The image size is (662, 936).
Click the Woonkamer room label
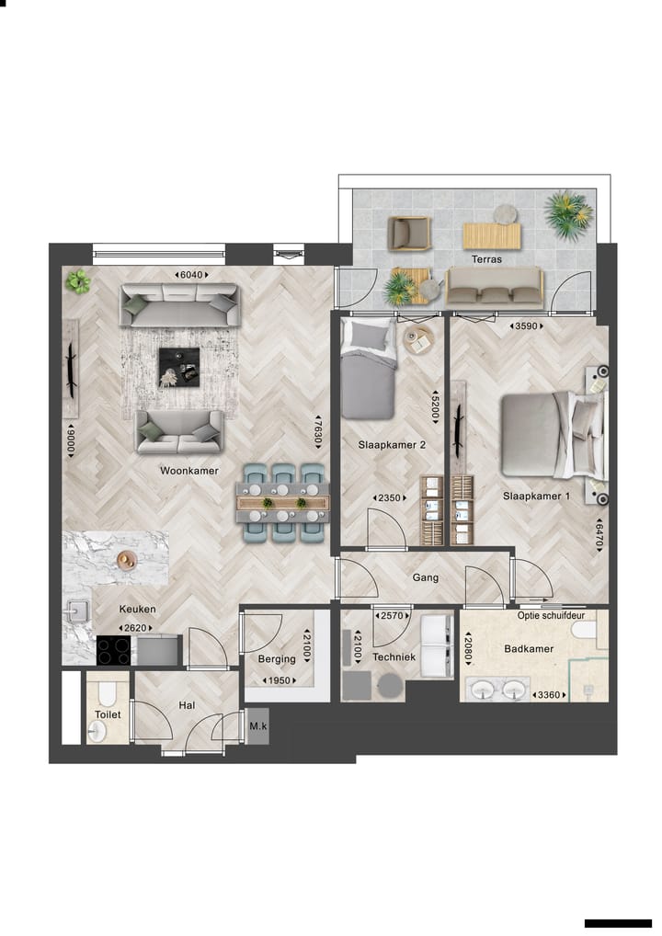click(188, 470)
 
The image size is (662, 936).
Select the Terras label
click(486, 259)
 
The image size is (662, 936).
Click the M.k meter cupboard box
click(258, 726)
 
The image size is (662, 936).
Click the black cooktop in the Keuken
click(114, 650)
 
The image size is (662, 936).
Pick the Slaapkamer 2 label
click(392, 445)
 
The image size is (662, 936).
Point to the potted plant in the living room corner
click(79, 281)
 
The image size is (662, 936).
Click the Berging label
click(277, 658)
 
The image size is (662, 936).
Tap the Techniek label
click(394, 657)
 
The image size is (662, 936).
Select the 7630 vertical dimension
click(319, 429)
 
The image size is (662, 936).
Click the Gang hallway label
click(426, 578)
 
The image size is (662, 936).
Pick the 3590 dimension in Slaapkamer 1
click(529, 325)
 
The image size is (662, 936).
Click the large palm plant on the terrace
click(567, 214)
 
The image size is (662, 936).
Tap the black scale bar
click(617, 922)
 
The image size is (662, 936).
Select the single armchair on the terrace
click(408, 233)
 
